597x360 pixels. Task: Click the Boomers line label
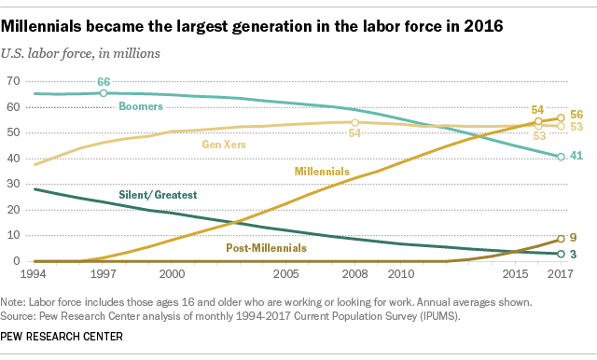(143, 107)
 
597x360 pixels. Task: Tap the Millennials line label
(321, 172)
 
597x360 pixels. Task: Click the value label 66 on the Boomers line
(104, 82)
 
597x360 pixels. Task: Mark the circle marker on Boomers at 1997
(104, 93)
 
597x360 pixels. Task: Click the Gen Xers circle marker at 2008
(354, 122)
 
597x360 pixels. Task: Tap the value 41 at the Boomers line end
(577, 157)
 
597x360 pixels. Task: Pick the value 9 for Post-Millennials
(575, 238)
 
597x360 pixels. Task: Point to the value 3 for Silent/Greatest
(575, 254)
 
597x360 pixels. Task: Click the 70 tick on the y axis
(13, 83)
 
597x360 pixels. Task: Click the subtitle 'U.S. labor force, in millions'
(84, 52)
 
